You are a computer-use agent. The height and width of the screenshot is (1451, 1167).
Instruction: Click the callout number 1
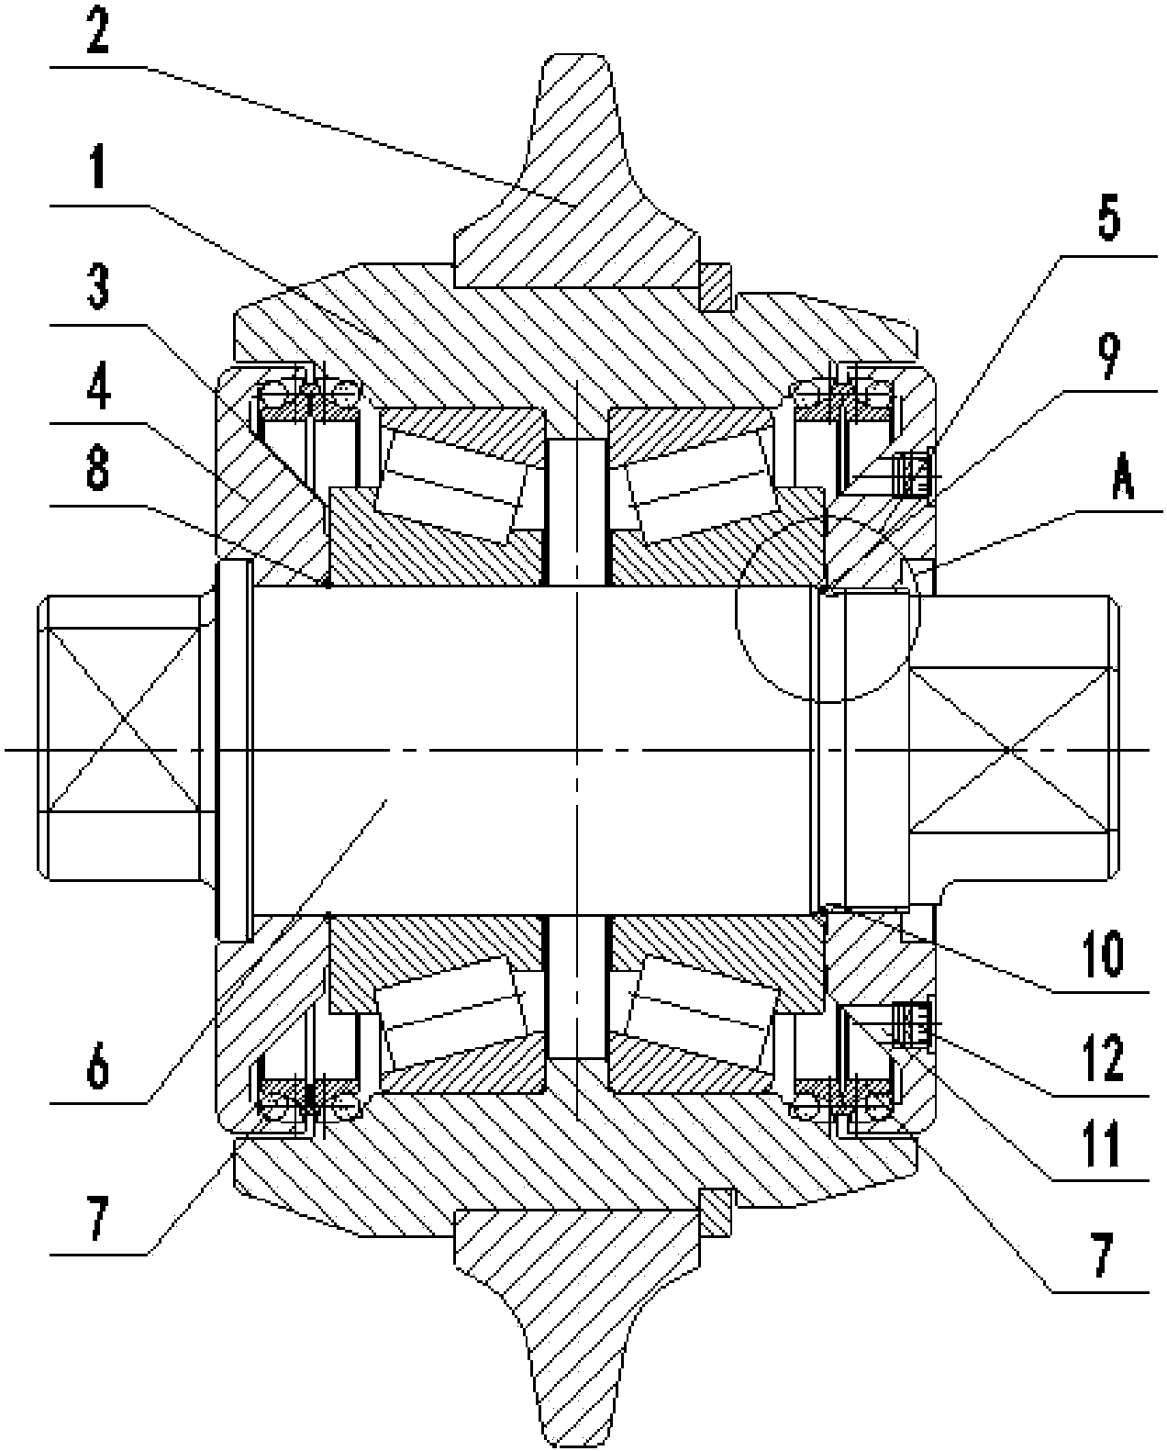pos(99,168)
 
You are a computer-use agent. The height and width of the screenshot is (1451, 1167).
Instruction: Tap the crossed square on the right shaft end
pos(1008,748)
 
